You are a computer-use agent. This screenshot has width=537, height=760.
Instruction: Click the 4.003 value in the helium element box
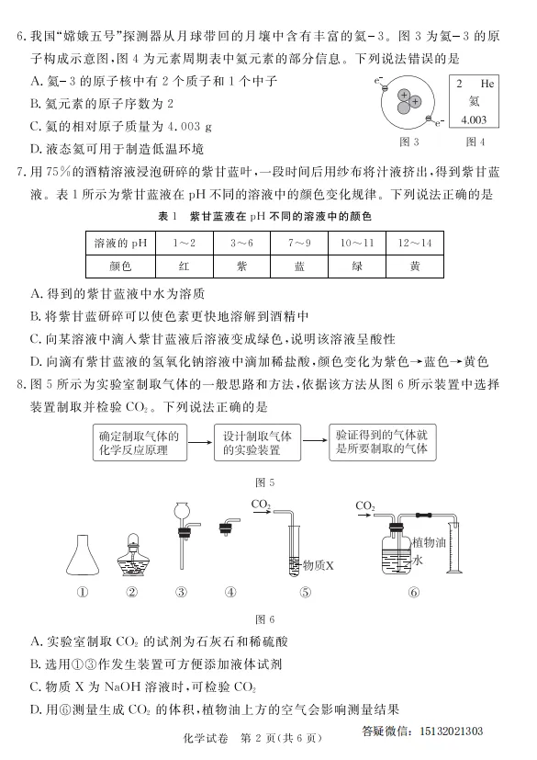[474, 120]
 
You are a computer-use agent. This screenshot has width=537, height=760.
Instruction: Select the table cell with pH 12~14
[415, 242]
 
